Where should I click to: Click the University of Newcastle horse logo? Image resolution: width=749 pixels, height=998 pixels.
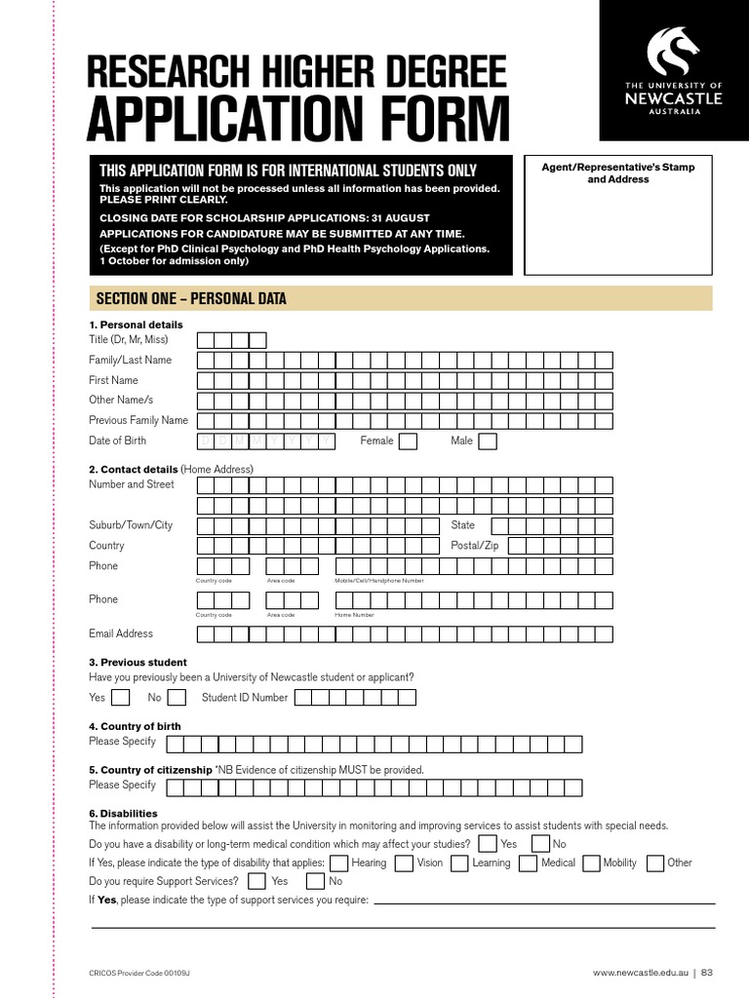(674, 53)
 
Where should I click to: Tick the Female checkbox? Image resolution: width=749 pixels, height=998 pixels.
(408, 441)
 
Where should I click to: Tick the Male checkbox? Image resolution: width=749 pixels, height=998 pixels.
(487, 441)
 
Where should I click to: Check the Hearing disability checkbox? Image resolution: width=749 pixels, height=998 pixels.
(338, 863)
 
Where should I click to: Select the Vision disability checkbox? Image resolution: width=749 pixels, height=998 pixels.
(404, 863)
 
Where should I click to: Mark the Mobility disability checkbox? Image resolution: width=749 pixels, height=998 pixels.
(590, 863)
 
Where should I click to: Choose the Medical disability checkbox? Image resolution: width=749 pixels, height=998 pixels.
(528, 863)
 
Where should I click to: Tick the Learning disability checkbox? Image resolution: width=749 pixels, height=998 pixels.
(459, 863)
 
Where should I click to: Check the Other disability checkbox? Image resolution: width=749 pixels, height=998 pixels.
(654, 863)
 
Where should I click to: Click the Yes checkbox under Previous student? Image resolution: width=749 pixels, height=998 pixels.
(120, 697)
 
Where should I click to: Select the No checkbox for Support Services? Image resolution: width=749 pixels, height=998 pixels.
(315, 881)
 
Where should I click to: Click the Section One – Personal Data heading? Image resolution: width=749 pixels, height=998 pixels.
(190, 299)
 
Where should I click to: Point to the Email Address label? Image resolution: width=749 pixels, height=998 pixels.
(121, 633)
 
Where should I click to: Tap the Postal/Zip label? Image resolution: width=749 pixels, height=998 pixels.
(474, 546)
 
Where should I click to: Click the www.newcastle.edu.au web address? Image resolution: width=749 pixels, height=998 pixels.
(640, 973)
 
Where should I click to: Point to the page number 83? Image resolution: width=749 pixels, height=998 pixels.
(707, 973)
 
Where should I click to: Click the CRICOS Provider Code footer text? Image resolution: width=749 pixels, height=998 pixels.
(146, 973)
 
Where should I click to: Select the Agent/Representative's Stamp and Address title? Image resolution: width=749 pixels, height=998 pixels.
(617, 173)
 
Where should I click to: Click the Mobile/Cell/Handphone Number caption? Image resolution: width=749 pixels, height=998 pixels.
(379, 581)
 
